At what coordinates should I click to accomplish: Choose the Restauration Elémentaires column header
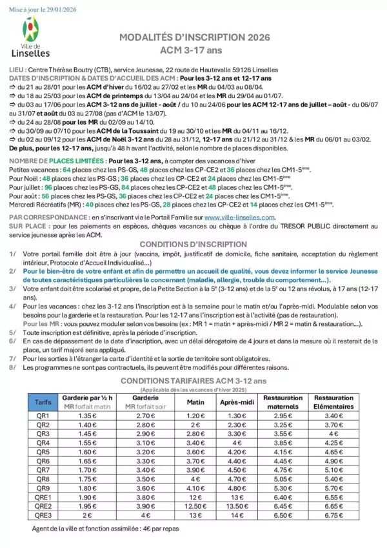pyautogui.click(x=333, y=402)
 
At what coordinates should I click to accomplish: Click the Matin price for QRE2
pyautogui.click(x=195, y=507)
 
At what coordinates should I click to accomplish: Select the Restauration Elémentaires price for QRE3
pyautogui.click(x=333, y=516)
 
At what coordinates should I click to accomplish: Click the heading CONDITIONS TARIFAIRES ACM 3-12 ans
pyautogui.click(x=193, y=381)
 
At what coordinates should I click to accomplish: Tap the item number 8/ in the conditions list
pyautogui.click(x=14, y=367)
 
